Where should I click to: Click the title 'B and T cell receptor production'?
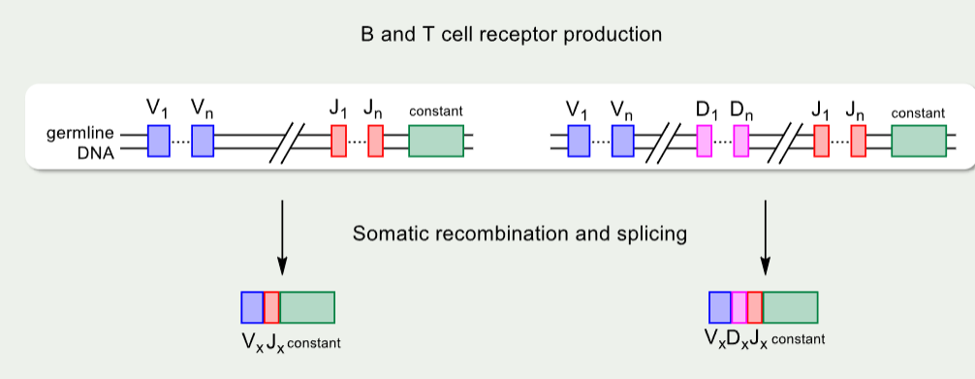click(510, 35)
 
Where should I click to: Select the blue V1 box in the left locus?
click(159, 141)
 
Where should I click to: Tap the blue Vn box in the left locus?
click(203, 141)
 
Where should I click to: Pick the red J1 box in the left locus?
click(338, 141)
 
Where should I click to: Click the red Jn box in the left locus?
click(375, 141)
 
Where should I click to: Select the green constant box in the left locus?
click(436, 141)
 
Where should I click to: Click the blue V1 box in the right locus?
click(579, 141)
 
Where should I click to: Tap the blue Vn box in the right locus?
click(622, 141)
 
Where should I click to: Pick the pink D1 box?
click(705, 141)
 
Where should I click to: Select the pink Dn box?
click(741, 141)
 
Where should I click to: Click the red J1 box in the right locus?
click(821, 141)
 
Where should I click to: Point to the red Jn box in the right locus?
click(858, 141)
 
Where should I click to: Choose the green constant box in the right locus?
click(919, 141)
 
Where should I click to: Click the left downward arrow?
click(282, 236)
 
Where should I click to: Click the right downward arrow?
click(767, 236)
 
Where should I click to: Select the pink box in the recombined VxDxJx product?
click(739, 307)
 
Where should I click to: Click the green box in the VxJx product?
click(306, 307)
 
